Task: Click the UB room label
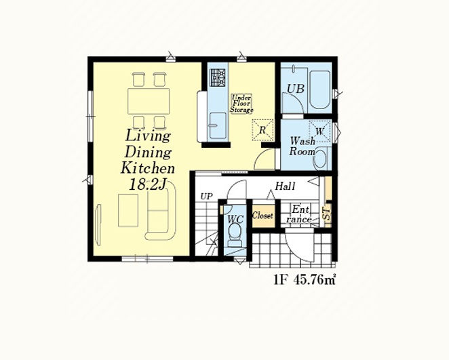(x=296, y=89)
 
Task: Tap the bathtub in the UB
(x=320, y=89)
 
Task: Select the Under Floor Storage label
(x=241, y=104)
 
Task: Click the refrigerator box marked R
(x=262, y=130)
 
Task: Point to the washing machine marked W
(x=319, y=132)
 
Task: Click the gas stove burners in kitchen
(x=218, y=77)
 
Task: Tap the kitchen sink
(x=217, y=125)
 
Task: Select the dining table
(x=149, y=101)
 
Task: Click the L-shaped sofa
(x=160, y=212)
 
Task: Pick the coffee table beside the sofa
(x=128, y=210)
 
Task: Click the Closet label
(x=262, y=216)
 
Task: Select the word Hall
(x=285, y=186)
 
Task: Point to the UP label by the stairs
(x=206, y=197)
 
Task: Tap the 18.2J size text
(x=148, y=184)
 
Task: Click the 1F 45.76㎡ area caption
(x=305, y=279)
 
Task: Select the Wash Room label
(x=302, y=146)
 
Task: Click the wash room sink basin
(x=322, y=159)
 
